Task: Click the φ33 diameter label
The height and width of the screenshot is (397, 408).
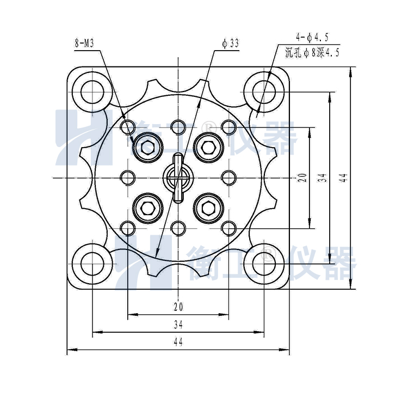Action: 231,44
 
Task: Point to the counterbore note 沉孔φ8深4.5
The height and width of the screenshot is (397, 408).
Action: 312,53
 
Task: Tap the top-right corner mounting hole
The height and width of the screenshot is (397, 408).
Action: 263,91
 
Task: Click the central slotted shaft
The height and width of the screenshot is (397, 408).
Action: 178,177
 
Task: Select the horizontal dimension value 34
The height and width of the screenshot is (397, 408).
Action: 178,325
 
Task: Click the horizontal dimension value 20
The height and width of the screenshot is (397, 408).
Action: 178,307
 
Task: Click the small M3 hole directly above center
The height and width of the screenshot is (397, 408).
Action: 178,127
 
